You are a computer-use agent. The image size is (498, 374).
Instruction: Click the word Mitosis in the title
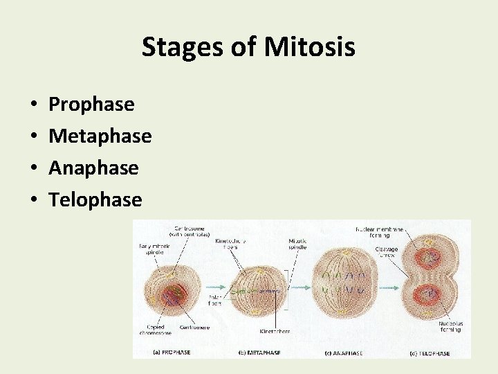309,47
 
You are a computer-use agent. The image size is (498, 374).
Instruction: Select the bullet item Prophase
91,105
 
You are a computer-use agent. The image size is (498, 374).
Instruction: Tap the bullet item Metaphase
100,136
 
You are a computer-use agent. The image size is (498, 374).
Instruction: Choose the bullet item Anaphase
93,168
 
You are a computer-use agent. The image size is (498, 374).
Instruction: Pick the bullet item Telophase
95,200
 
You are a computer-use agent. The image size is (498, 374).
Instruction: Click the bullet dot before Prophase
35,105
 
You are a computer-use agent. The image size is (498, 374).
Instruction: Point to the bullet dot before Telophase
35,201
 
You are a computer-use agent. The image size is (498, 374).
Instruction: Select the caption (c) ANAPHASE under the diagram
344,354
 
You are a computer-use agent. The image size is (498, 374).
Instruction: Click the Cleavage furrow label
386,251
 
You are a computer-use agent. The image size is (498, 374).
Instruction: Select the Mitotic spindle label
298,244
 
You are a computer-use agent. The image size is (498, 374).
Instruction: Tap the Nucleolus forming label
450,326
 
